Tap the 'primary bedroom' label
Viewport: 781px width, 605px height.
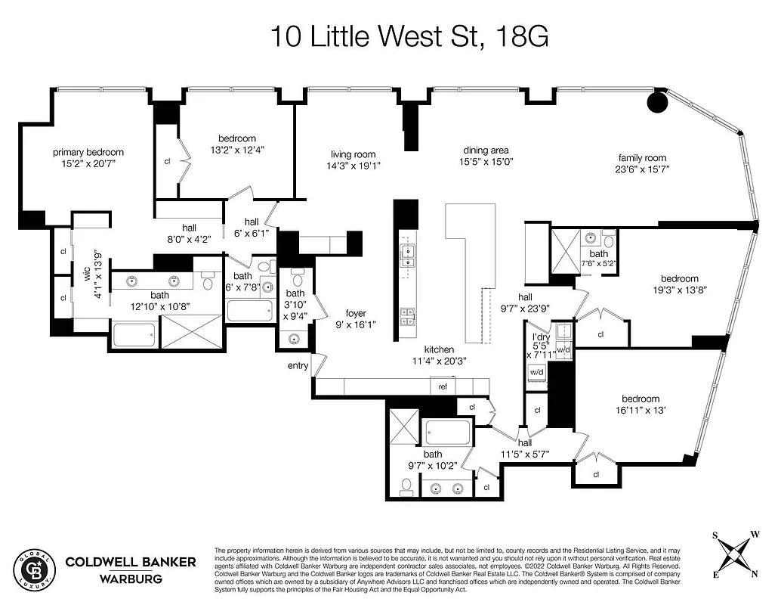coord(88,152)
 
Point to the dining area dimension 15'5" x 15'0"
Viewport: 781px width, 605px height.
coord(486,161)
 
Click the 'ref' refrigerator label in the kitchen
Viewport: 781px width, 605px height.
coord(443,386)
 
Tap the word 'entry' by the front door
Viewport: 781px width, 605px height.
coord(298,366)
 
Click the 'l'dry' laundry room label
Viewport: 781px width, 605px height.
coord(540,337)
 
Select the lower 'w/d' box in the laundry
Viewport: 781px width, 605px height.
coord(537,372)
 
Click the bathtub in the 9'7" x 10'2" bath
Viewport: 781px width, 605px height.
coord(447,433)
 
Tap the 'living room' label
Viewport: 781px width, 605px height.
coord(353,154)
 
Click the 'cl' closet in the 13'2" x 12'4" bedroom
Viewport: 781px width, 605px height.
coord(167,161)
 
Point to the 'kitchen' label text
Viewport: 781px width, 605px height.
coord(438,349)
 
